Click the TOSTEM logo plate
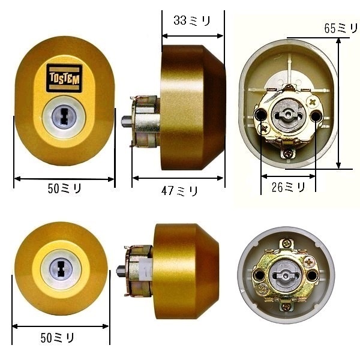[x=64, y=78]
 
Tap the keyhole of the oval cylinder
[x=64, y=117]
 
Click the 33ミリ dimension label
[x=192, y=20]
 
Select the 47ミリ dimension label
[x=179, y=191]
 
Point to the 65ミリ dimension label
[x=341, y=28]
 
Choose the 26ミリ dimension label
[x=289, y=187]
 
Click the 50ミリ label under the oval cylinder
[x=65, y=189]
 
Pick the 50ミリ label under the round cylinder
[x=58, y=338]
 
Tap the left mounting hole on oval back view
[x=260, y=114]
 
